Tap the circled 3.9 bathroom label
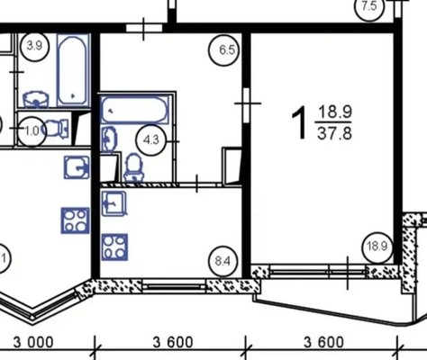point(34,46)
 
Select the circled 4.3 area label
point(151,140)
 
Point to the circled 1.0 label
point(32,131)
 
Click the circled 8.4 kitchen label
point(223,261)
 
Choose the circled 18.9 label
point(377,247)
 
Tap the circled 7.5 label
point(369,6)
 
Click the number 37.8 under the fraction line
point(334,133)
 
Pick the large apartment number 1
point(299,123)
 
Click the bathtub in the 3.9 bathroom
point(74,70)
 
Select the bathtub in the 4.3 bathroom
point(134,110)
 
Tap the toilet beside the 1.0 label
point(56,129)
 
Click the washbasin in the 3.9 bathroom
point(36,99)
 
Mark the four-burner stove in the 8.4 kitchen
point(114,247)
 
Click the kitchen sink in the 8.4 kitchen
point(114,203)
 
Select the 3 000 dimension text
point(33,342)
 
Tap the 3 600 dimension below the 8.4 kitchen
point(173,342)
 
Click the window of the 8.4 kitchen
point(174,286)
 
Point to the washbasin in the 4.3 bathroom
point(109,139)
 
